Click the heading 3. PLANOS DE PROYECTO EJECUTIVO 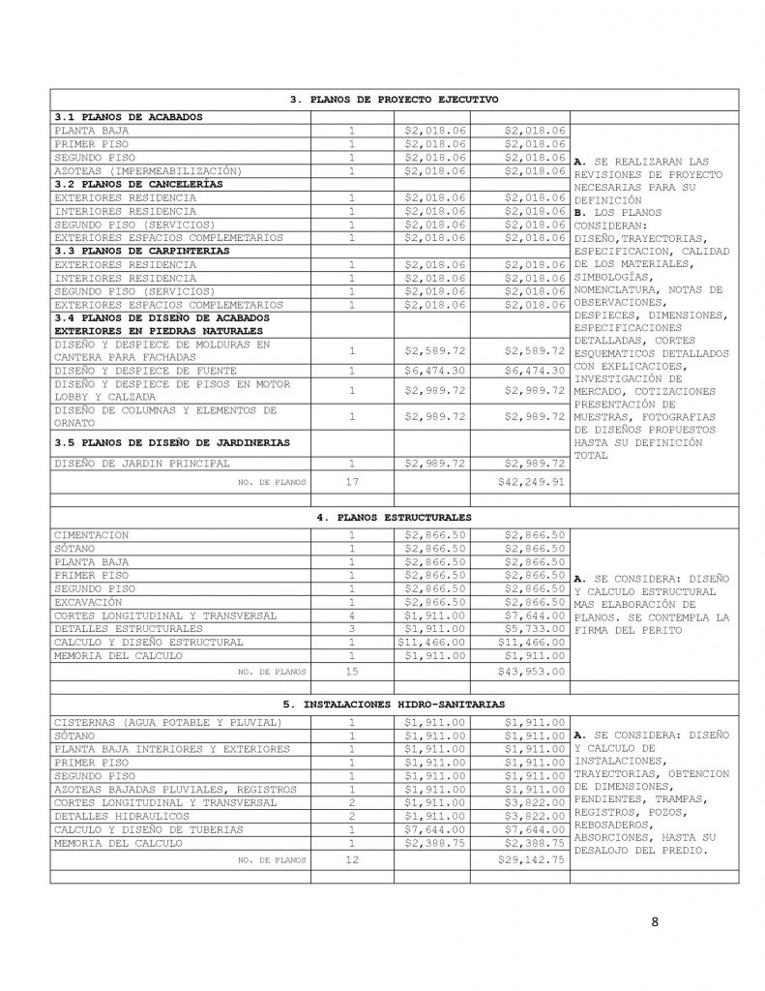395,100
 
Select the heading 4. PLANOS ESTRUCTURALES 395,518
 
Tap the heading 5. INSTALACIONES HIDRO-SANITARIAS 395,704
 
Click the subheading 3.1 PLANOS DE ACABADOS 129,116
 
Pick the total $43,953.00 530,670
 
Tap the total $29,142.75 530,858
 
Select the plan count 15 352,670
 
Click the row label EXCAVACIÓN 90,602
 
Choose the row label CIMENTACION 92,534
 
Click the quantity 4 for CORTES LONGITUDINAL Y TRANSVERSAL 352,616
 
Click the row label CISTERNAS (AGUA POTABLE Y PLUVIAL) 167,721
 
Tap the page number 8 655,920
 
